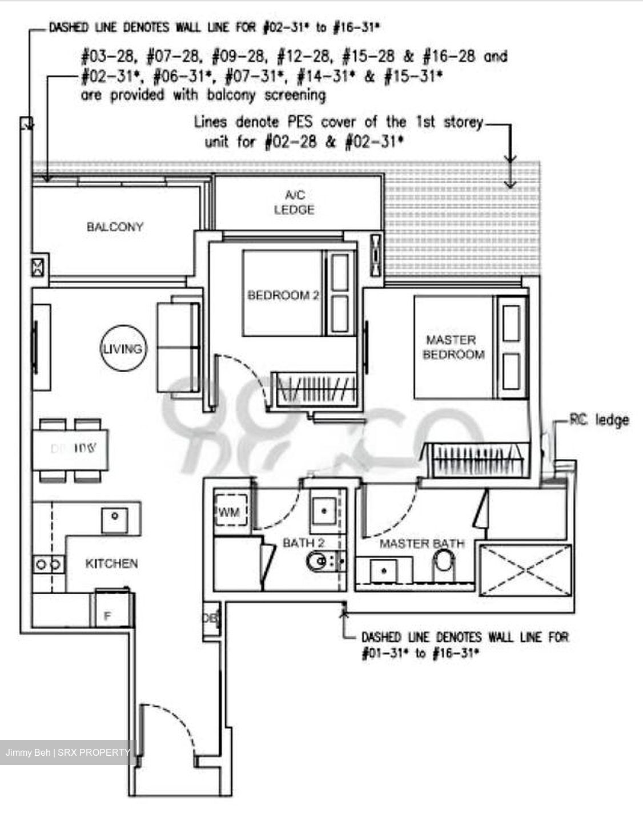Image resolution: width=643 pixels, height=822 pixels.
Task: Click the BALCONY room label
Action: point(115,227)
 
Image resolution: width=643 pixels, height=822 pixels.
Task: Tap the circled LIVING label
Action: point(122,349)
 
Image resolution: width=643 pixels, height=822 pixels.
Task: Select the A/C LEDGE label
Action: point(294,203)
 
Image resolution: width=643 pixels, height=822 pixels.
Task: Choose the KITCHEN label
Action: point(111,563)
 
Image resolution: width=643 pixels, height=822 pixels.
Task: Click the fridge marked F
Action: point(107,615)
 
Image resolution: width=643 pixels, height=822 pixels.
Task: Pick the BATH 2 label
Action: point(303,543)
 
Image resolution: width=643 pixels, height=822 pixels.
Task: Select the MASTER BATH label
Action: point(422,543)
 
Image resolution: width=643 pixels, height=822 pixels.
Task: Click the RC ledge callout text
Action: point(599,420)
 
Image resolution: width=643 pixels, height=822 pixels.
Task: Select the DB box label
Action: point(210,619)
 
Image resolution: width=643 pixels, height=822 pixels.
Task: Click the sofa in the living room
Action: point(178,346)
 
